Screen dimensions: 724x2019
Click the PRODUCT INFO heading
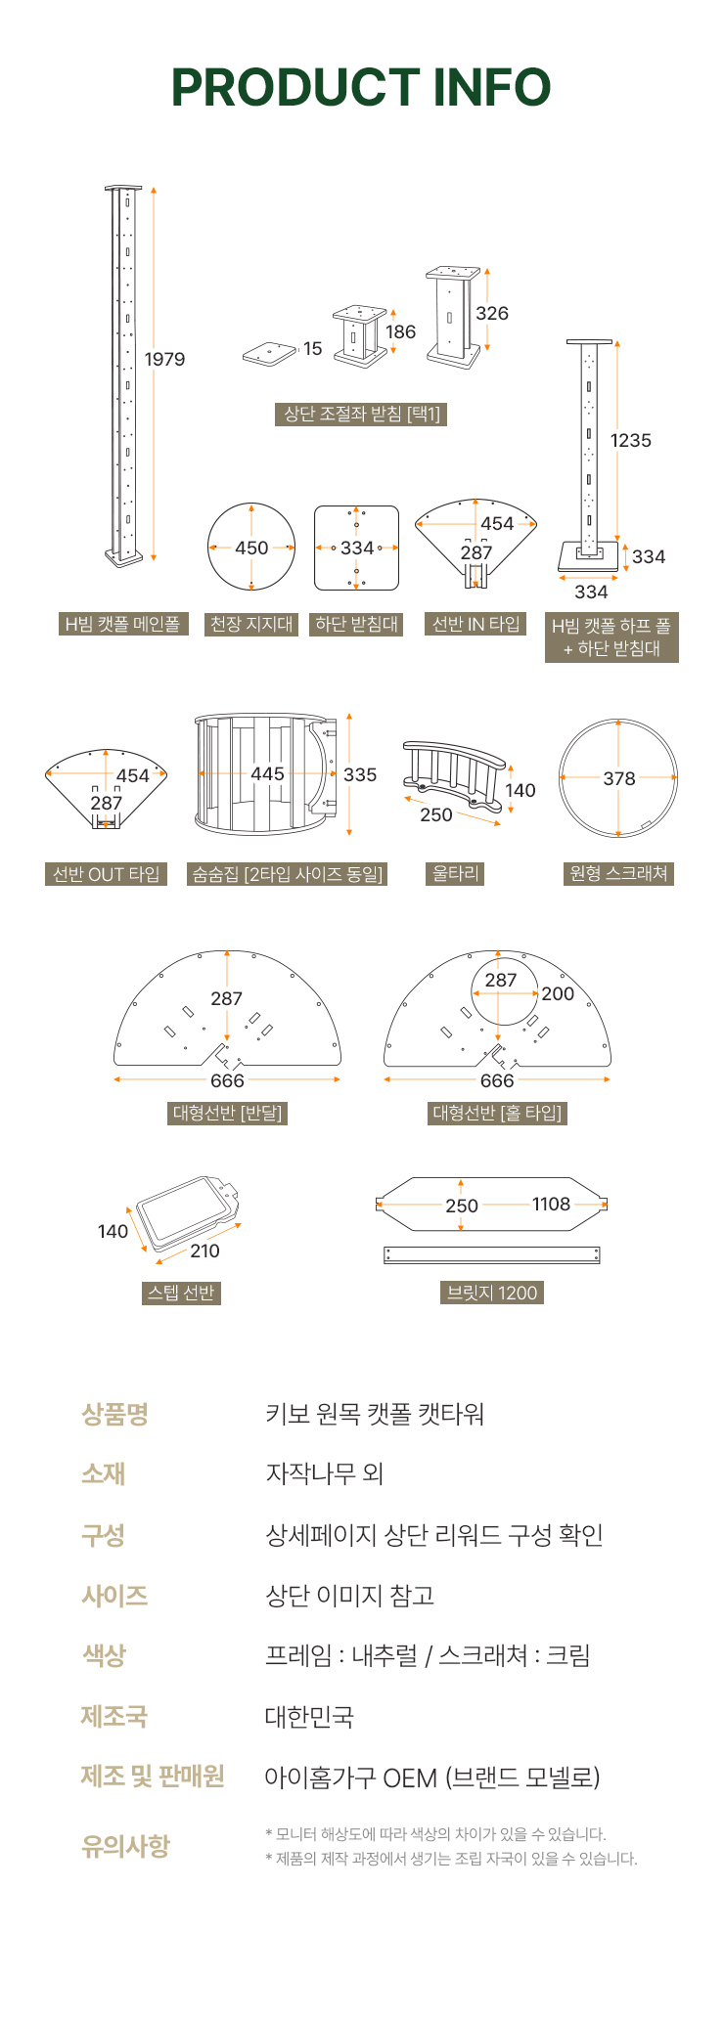pyautogui.click(x=361, y=87)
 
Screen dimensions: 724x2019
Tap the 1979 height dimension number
pyautogui.click(x=164, y=359)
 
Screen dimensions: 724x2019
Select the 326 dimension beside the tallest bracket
pyautogui.click(x=492, y=313)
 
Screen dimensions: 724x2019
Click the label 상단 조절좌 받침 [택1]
pyautogui.click(x=362, y=414)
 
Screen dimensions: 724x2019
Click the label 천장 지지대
pyautogui.click(x=251, y=624)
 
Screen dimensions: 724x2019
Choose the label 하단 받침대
pyautogui.click(x=357, y=624)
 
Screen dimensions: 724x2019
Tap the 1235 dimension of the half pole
pyautogui.click(x=631, y=440)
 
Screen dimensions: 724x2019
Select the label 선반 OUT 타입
pyautogui.click(x=106, y=874)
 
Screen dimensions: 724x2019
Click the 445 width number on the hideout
pyautogui.click(x=267, y=773)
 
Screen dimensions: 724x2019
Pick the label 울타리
pyautogui.click(x=456, y=873)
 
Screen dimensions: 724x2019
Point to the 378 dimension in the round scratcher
pyautogui.click(x=619, y=778)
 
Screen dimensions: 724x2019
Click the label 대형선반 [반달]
pyautogui.click(x=227, y=1113)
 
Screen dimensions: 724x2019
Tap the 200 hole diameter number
pyautogui.click(x=558, y=993)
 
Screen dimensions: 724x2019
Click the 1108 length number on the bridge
pyautogui.click(x=551, y=1204)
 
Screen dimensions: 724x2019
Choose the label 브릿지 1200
pyautogui.click(x=492, y=1293)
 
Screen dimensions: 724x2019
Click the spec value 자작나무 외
pyautogui.click(x=325, y=1473)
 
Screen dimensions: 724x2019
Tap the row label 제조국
pyautogui.click(x=114, y=1716)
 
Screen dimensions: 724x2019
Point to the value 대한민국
pyautogui.click(x=309, y=1717)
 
